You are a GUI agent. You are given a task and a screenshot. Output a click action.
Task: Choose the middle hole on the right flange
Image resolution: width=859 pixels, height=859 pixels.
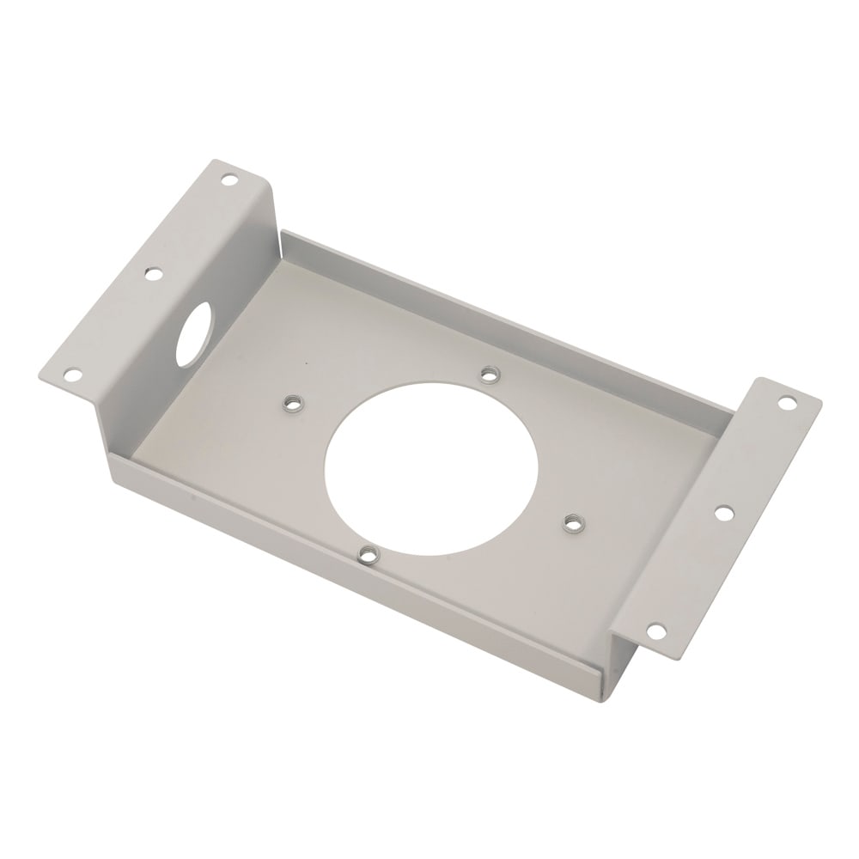click(x=723, y=513)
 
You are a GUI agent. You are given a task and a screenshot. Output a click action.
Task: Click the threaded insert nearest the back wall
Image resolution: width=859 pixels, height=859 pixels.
click(x=488, y=374)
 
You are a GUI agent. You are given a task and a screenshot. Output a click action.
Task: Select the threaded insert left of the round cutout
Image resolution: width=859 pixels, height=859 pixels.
click(x=290, y=401)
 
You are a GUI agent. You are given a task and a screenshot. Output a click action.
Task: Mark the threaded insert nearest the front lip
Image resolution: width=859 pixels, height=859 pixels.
click(x=368, y=554)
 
